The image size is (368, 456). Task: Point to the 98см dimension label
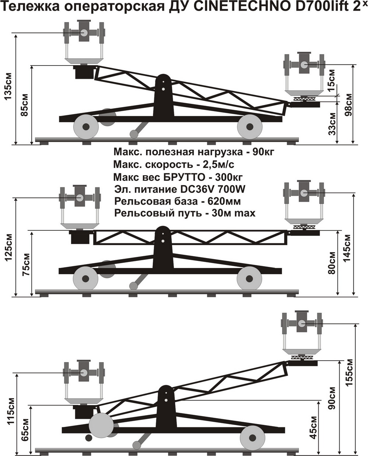click(x=348, y=105)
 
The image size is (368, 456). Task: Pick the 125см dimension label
click(x=8, y=247)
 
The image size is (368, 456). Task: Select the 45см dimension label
click(x=313, y=428)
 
